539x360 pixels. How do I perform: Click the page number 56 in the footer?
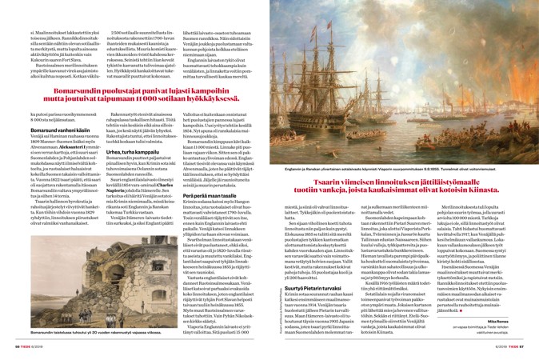pos(11,354)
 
